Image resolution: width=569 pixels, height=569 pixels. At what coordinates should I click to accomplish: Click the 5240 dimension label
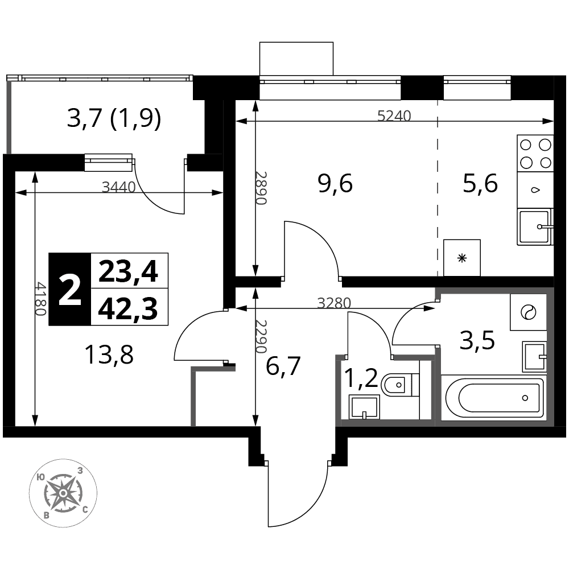point(394,116)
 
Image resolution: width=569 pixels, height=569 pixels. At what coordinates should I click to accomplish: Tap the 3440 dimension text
point(119,187)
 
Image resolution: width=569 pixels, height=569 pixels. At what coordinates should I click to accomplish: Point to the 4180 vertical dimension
point(40,299)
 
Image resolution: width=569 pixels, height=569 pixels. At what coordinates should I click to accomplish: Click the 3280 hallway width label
point(334,303)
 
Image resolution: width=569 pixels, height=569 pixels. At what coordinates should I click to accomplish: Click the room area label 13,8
point(109,355)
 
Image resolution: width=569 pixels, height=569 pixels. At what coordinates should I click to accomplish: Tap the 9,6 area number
point(335,184)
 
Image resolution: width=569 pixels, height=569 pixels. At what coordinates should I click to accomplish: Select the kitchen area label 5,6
point(480,184)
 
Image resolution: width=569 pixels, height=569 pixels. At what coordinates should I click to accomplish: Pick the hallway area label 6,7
point(283,366)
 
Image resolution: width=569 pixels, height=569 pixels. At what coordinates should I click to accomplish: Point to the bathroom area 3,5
point(477,341)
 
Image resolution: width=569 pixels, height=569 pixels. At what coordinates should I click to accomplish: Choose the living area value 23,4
point(128,272)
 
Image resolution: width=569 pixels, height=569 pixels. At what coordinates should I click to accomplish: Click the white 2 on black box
point(69,289)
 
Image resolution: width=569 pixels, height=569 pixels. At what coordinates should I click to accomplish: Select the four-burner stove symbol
point(535,154)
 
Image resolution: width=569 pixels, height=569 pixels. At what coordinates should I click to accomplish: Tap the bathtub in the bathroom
point(493,398)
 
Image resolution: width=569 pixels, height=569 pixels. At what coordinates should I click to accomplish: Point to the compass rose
point(63,493)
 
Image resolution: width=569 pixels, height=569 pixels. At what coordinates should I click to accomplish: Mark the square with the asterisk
point(462,258)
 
